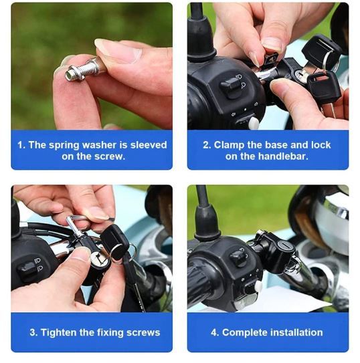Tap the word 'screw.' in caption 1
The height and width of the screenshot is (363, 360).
(x=109, y=156)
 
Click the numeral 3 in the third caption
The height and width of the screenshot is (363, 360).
(x=33, y=333)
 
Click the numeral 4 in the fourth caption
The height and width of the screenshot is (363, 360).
(x=213, y=333)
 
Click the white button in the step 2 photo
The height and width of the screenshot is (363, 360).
(x=254, y=122)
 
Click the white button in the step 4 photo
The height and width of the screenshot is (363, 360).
(x=258, y=287)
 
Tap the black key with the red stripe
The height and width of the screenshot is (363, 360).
(x=324, y=84)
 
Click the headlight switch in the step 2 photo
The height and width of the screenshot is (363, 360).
(x=230, y=86)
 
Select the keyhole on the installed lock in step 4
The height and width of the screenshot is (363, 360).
(x=283, y=244)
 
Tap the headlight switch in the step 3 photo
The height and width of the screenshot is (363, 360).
(x=27, y=269)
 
